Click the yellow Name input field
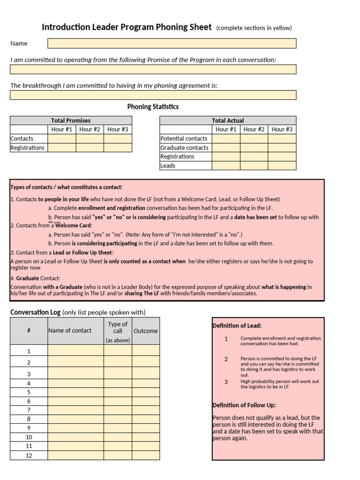tap(172, 44)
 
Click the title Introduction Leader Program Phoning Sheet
tap(127, 27)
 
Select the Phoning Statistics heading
tap(153, 107)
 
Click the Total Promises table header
tap(71, 120)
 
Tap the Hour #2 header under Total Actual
tap(254, 129)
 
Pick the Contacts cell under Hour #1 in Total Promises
tap(61, 139)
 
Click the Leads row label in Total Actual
tap(168, 165)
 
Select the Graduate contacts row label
tap(184, 148)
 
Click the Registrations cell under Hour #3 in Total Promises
tap(118, 148)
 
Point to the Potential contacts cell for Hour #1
tap(226, 139)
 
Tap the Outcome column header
tap(145, 331)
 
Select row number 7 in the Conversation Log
tap(29, 410)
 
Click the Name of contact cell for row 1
tap(75, 351)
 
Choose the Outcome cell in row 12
tap(145, 456)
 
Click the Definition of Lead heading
tap(237, 326)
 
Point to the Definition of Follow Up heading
tap(244, 405)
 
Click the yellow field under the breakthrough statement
tap(153, 95)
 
